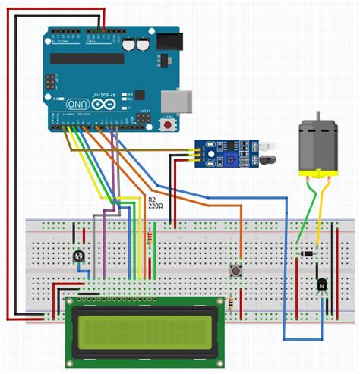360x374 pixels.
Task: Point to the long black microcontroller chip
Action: (86, 58)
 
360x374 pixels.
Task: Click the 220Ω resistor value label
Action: (156, 206)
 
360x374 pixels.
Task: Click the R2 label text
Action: (152, 198)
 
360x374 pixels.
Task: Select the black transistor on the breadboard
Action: (322, 284)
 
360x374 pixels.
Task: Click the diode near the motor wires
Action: (307, 253)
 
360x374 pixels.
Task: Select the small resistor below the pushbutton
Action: (231, 301)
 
